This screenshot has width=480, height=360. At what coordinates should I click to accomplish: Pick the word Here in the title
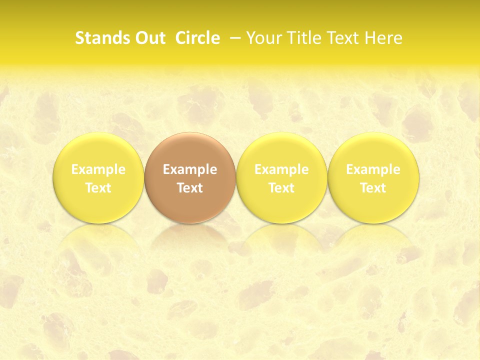coord(383,38)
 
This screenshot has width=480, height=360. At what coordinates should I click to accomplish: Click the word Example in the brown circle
coord(190,170)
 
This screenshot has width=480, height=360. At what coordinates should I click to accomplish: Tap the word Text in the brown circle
coord(190,188)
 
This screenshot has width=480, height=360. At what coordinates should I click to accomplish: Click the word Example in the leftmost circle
coord(98,170)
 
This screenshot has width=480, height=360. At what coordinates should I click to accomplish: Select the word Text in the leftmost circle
coord(98,188)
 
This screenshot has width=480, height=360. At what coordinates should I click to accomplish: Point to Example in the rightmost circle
coord(373,170)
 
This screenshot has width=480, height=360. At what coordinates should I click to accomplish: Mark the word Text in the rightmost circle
coord(373,188)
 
